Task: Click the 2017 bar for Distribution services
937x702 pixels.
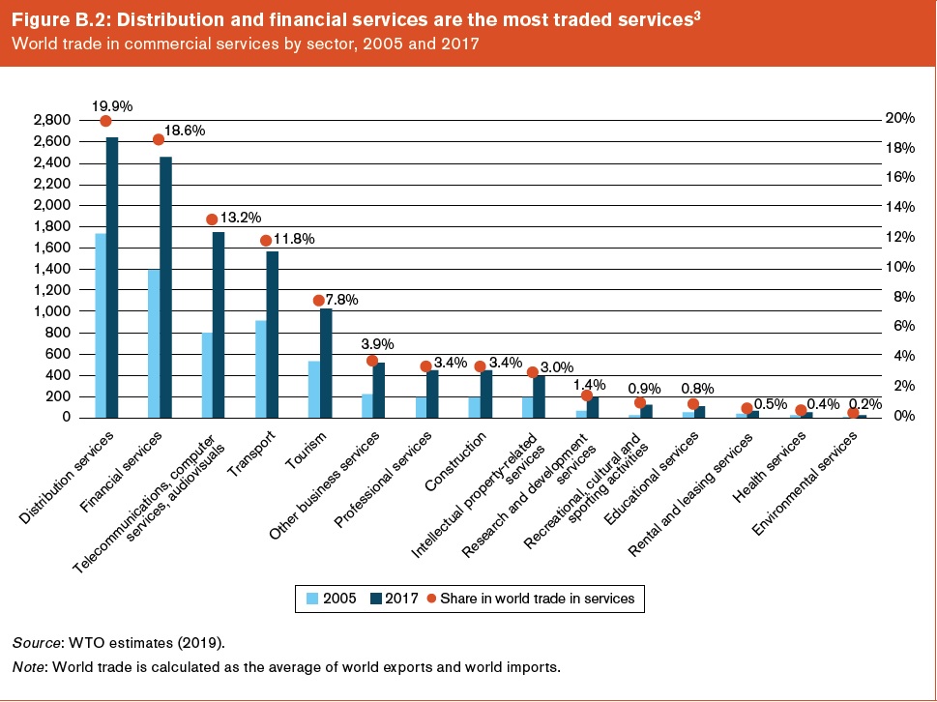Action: click(x=112, y=280)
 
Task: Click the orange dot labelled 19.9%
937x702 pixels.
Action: click(x=106, y=121)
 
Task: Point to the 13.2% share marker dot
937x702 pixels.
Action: click(x=213, y=219)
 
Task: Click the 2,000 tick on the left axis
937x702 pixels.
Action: click(x=51, y=205)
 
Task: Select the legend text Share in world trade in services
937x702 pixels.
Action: click(x=537, y=599)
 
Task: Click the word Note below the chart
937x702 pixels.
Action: click(x=28, y=667)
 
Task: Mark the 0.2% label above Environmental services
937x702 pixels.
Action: click(x=864, y=403)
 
